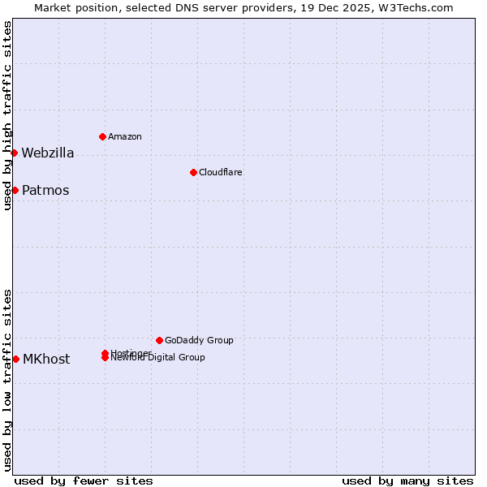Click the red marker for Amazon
tap(102, 136)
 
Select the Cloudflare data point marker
tap(193, 172)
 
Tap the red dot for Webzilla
tap(14, 153)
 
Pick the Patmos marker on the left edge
tap(15, 190)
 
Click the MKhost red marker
tap(15, 359)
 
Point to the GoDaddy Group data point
tap(159, 340)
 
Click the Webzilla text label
tap(48, 153)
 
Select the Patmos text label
tap(45, 191)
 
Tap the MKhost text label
tap(46, 360)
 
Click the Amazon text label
tap(125, 136)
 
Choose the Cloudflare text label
tap(221, 172)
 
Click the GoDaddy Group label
tap(199, 340)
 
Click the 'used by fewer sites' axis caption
tap(84, 481)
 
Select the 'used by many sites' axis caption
tap(407, 481)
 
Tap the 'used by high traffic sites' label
tap(8, 115)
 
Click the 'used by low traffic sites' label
tap(8, 380)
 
